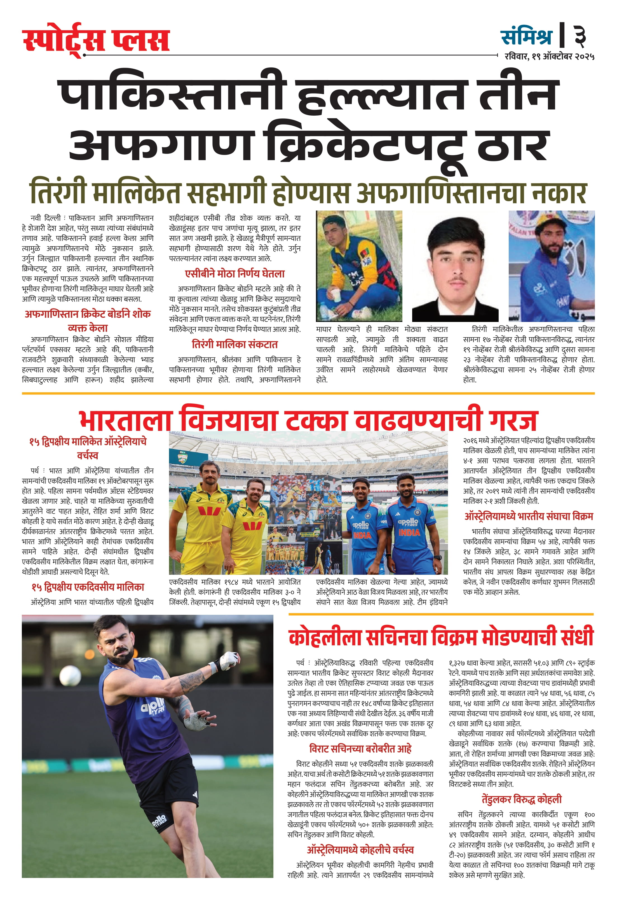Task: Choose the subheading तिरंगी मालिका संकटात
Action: click(234, 344)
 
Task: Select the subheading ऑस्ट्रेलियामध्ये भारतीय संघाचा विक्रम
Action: click(528, 517)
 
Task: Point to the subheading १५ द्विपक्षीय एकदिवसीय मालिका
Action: click(88, 587)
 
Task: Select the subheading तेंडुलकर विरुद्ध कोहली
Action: click(521, 799)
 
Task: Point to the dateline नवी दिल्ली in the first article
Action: click(46, 218)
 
